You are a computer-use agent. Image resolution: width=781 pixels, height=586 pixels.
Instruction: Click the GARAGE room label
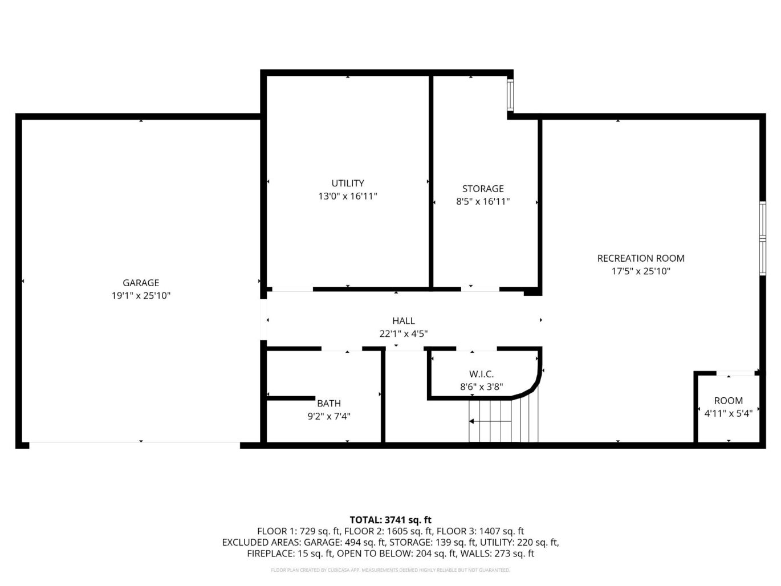[141, 283]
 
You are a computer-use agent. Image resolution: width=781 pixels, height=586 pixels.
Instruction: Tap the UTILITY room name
[348, 183]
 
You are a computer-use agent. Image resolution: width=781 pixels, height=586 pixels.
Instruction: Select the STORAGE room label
[483, 188]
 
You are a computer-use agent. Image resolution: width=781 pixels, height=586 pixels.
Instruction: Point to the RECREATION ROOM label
[641, 258]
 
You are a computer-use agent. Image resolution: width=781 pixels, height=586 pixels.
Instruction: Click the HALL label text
[404, 320]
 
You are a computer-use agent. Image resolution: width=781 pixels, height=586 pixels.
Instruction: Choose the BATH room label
[329, 403]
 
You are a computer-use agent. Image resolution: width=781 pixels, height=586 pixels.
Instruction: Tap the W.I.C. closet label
[481, 374]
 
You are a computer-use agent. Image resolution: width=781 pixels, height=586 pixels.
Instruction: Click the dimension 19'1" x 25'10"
[141, 295]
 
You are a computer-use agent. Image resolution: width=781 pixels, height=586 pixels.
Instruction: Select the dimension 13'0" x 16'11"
[348, 196]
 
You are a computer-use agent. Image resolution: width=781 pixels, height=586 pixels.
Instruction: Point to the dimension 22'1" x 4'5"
[404, 333]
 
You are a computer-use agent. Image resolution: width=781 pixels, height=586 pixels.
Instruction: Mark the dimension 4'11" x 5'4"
[729, 413]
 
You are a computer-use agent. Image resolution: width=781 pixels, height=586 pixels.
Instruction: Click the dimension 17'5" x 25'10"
[641, 271]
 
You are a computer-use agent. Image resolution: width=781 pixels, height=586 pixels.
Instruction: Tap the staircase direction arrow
[490, 421]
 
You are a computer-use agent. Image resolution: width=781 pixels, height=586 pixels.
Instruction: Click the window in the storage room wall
[510, 95]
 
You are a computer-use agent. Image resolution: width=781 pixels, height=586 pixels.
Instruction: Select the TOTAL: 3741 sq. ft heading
[391, 520]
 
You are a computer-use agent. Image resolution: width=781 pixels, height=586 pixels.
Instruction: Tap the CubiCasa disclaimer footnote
[391, 570]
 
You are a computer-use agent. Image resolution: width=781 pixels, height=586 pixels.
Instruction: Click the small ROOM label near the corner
[729, 401]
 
